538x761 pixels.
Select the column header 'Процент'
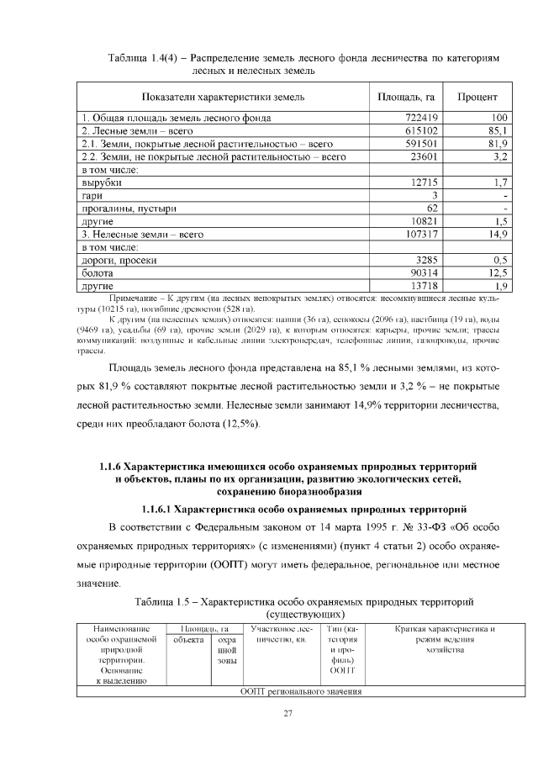tap(477, 97)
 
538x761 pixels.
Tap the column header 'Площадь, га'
tap(406, 97)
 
